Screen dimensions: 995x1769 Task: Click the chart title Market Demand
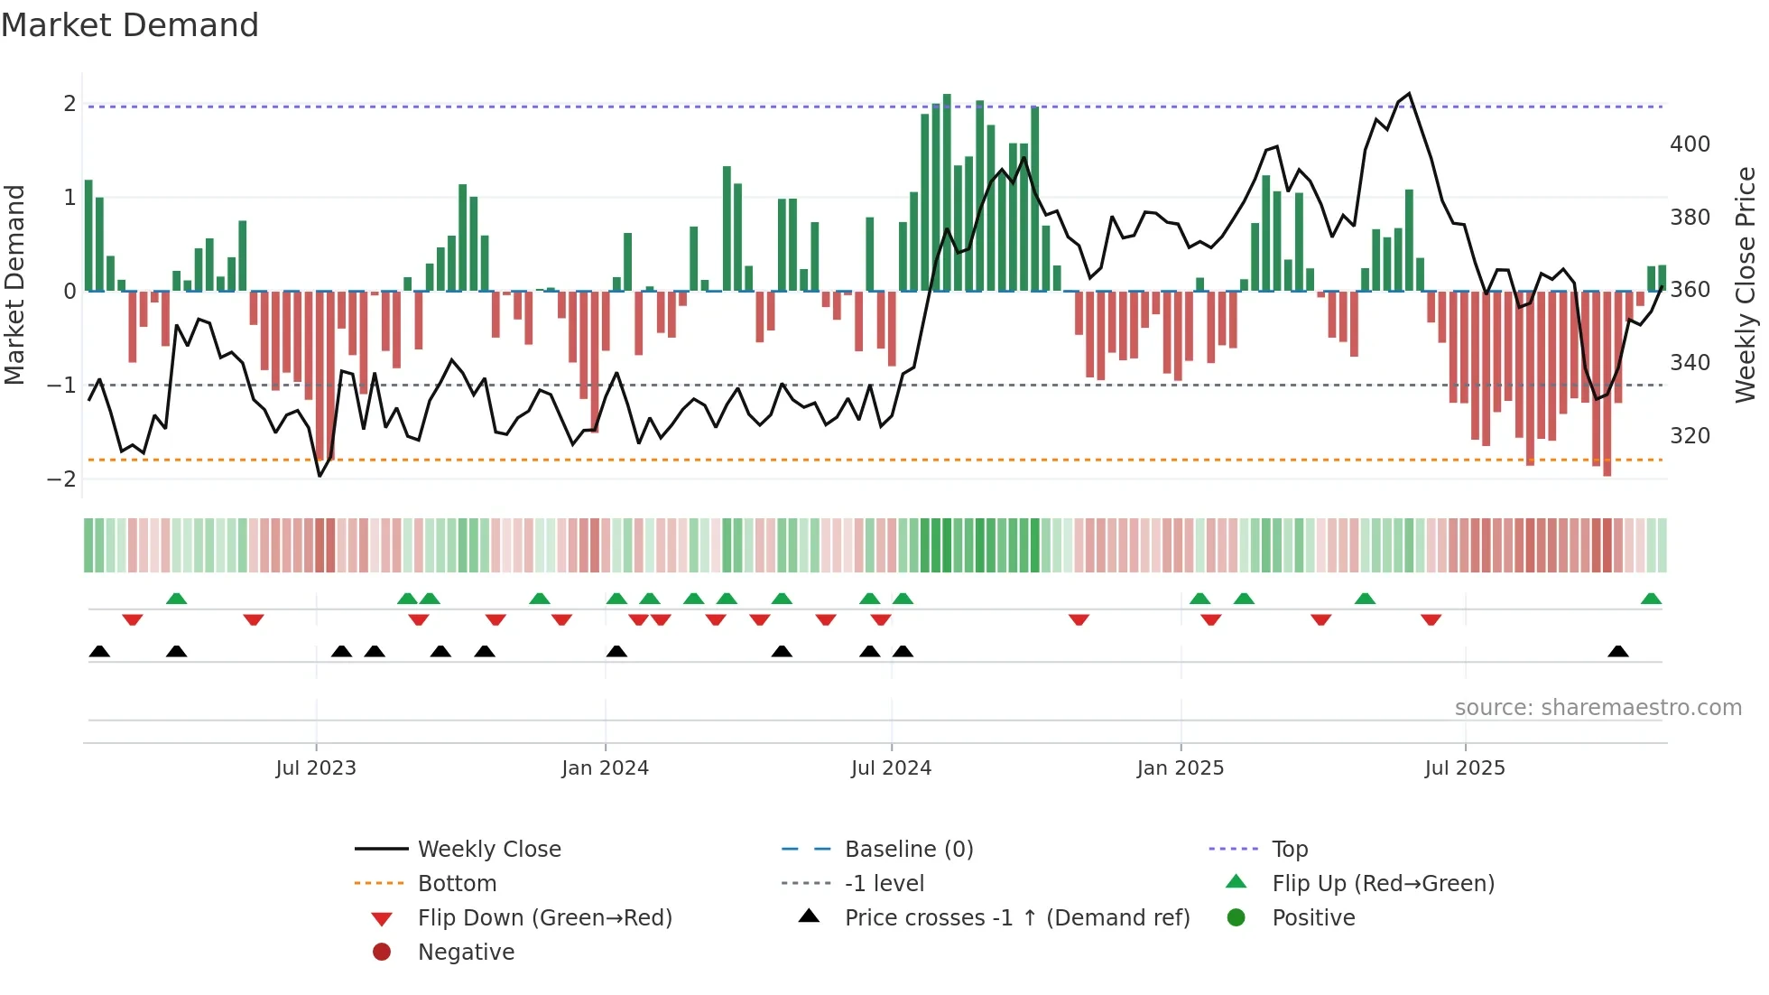(x=130, y=25)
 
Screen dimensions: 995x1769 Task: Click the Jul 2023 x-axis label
(x=316, y=768)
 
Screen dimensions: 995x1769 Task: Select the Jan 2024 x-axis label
(x=605, y=768)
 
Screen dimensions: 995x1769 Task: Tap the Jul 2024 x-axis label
(x=891, y=768)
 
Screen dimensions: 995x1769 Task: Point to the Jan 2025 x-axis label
(x=1180, y=768)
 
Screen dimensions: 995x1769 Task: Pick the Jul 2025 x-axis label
(x=1465, y=768)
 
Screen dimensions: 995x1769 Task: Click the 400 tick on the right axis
(x=1690, y=144)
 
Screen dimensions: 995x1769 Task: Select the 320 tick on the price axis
(x=1690, y=436)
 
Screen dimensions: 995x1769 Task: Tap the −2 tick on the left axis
(x=61, y=479)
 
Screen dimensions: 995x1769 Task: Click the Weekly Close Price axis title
(x=1746, y=284)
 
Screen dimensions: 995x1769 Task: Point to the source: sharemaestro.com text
(x=1598, y=708)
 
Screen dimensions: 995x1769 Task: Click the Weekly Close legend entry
(x=488, y=850)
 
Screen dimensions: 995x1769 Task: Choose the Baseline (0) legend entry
(x=908, y=850)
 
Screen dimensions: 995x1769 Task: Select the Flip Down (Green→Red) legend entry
(x=544, y=918)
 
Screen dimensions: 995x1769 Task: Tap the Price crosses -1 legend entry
(x=1016, y=918)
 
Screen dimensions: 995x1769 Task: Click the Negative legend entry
(x=466, y=953)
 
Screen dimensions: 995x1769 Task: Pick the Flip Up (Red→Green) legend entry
(x=1383, y=884)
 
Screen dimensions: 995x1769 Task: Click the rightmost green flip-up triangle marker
(x=1651, y=599)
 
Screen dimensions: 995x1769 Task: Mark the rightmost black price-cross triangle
(x=1618, y=651)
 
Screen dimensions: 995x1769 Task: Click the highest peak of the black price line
(x=1409, y=94)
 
